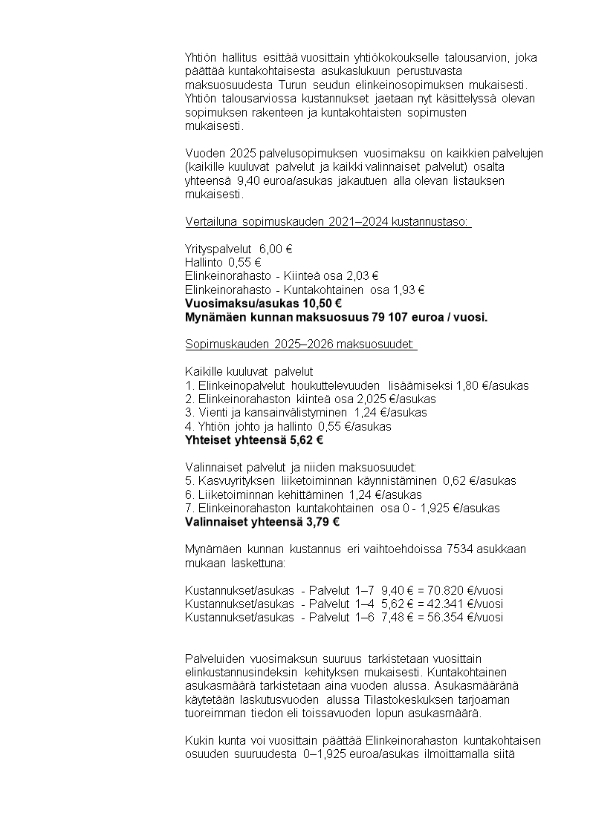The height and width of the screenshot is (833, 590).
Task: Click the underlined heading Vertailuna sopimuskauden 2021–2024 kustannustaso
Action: coord(328,223)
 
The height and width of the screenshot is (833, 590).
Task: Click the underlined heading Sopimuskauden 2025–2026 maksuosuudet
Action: coord(301,344)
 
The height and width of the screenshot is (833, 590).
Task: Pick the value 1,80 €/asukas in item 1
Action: coord(497,386)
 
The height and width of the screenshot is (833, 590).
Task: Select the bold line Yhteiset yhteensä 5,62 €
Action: coord(253,440)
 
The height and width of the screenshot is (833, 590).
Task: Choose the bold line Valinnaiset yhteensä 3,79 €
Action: coord(262,521)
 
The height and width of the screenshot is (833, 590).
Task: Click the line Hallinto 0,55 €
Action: coord(223,262)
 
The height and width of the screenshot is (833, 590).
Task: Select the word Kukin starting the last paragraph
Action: coord(199,740)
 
